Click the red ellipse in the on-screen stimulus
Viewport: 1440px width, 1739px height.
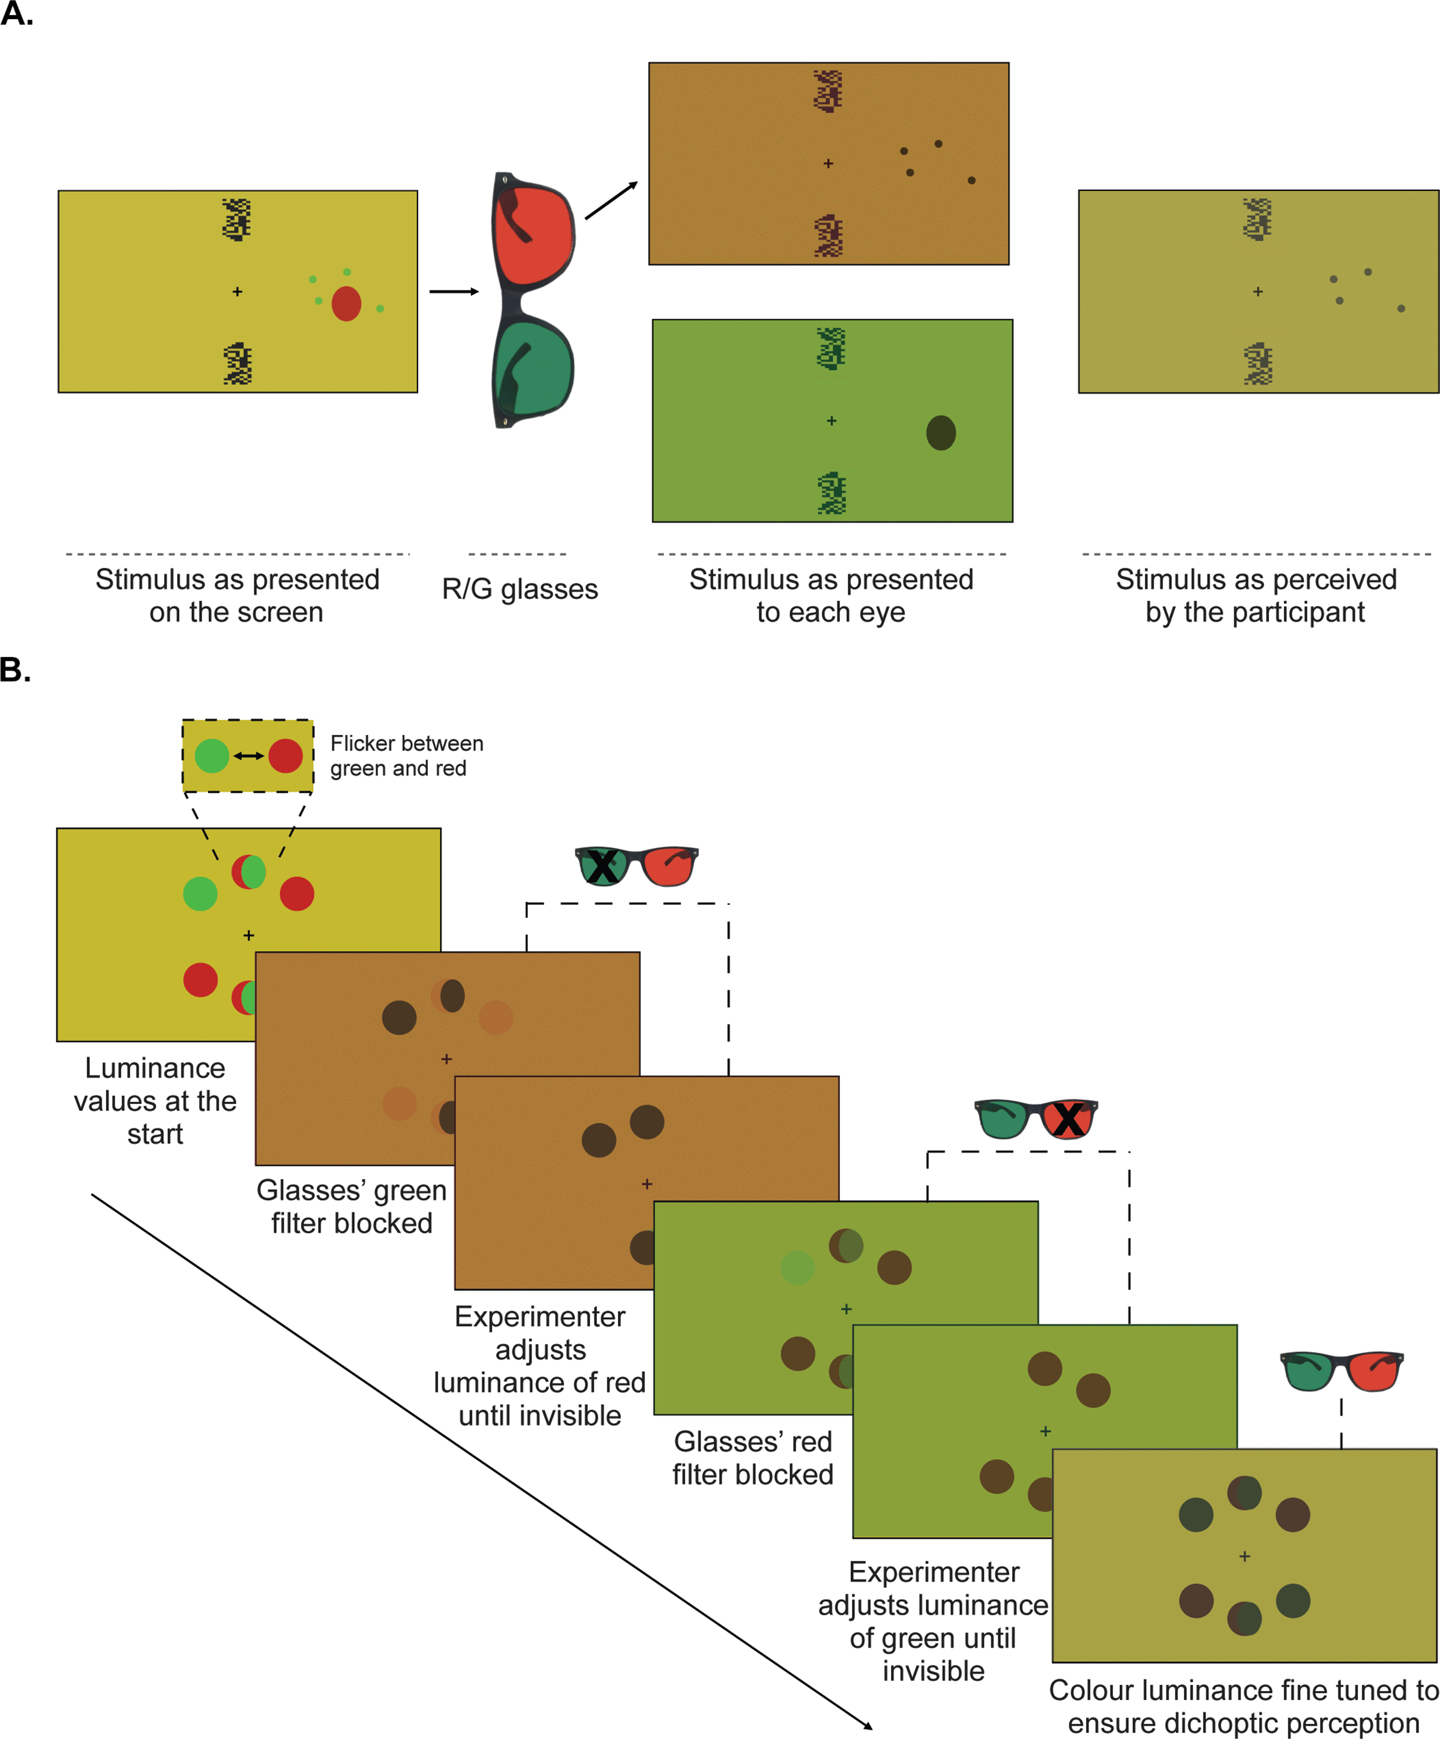coord(346,304)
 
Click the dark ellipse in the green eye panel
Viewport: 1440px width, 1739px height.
coord(941,432)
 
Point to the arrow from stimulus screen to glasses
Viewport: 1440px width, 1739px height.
coord(454,292)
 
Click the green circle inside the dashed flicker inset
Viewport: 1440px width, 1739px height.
coord(212,756)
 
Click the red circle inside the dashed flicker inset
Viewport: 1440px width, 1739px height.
coord(286,756)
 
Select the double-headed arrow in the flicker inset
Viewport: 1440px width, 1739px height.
coord(248,756)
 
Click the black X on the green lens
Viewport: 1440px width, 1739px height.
coord(602,866)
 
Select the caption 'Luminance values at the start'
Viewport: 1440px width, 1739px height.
coord(155,1101)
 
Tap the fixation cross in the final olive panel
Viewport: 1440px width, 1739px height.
coord(1244,1557)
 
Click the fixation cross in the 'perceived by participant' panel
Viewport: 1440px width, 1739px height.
coord(1258,292)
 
